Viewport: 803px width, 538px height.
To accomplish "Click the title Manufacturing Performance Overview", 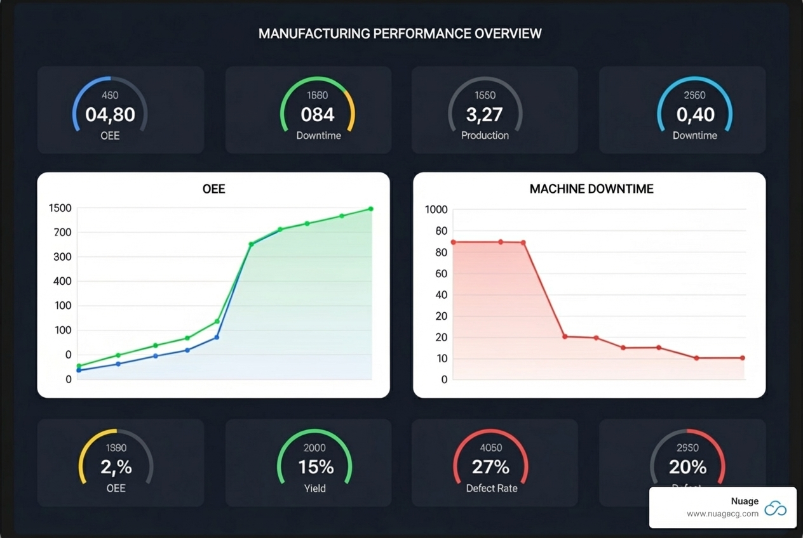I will (400, 34).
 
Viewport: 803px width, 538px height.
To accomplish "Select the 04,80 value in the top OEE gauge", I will (110, 115).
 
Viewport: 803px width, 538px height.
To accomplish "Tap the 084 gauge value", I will (317, 115).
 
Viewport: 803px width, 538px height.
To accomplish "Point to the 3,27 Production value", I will (485, 115).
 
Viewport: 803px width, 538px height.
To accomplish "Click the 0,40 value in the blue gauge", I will (695, 115).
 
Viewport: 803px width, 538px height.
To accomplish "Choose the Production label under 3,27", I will (485, 135).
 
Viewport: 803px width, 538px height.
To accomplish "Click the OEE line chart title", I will (213, 189).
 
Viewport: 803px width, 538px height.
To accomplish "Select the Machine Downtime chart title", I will (591, 189).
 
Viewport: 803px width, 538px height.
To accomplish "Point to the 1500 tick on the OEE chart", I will (60, 209).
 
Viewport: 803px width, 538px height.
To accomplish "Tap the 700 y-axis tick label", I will (62, 233).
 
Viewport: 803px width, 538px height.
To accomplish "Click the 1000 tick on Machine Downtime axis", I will (436, 210).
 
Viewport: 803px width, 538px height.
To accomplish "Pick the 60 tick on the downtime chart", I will (441, 274).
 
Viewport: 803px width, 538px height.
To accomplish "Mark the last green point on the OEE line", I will (371, 209).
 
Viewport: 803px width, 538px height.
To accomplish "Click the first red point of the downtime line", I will (453, 242).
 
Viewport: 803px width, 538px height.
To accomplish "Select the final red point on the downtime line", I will (743, 358).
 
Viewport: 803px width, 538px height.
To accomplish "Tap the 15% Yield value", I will (316, 467).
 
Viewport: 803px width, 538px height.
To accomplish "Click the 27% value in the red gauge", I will (490, 467).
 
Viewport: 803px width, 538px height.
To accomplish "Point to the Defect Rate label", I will (491, 489).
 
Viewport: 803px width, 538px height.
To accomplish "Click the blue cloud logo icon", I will (775, 508).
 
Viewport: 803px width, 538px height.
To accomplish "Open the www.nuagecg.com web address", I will (722, 514).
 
